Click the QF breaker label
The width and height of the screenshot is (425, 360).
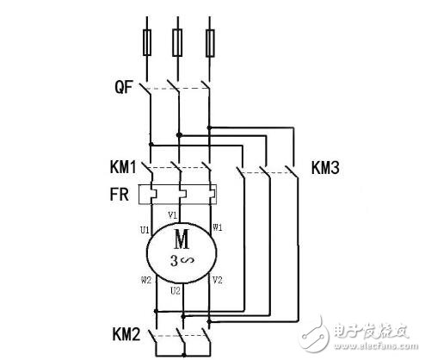(124, 87)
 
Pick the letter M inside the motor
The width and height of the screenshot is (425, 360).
(182, 236)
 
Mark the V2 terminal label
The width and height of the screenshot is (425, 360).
(217, 280)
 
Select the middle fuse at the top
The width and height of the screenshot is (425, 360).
(179, 40)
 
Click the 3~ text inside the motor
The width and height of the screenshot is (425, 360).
(182, 256)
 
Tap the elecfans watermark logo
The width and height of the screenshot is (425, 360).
(370, 338)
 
